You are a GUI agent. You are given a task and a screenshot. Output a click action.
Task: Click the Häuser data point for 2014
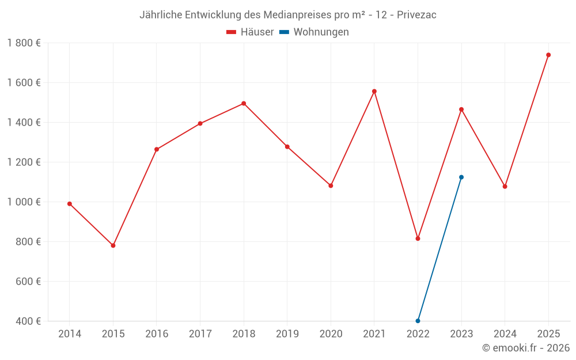coord(70,204)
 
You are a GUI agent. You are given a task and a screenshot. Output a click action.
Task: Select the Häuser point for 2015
coord(113,245)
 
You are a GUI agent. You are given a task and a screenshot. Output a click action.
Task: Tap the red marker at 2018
coord(244,104)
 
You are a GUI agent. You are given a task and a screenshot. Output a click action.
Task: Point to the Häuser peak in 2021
coord(374,91)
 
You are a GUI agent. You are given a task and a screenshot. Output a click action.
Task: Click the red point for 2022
coord(418,238)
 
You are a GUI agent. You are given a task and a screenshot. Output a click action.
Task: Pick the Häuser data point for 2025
coord(548,55)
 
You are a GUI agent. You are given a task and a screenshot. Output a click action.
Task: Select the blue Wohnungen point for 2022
coord(418,321)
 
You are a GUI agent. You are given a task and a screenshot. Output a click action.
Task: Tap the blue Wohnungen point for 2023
coord(461,177)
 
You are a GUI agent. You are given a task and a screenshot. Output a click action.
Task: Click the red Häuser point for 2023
coord(461,109)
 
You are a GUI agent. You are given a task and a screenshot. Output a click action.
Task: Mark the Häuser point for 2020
coord(331,185)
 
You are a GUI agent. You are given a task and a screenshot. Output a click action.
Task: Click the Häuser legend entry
coord(251,32)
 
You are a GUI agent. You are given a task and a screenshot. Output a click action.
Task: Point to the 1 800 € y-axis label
coord(24,43)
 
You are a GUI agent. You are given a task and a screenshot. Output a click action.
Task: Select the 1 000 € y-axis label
coord(24,202)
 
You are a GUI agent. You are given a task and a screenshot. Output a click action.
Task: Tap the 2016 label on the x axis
coord(157,334)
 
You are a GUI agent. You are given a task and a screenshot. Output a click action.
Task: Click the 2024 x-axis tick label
coord(505,334)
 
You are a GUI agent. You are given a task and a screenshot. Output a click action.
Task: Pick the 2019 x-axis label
coord(287,334)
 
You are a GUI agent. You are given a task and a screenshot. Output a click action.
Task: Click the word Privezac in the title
coord(416,15)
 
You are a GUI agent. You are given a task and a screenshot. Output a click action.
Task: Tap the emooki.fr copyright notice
coord(526,348)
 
